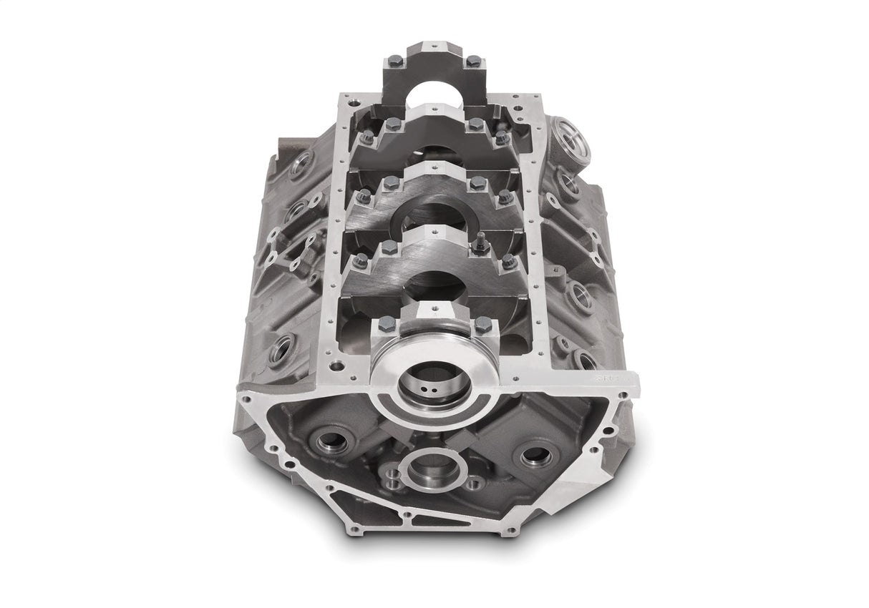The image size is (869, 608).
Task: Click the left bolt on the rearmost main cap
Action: tap(396, 61)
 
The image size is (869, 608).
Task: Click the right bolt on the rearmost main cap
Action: tap(474, 62)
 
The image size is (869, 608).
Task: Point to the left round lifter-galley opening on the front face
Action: tap(333, 441)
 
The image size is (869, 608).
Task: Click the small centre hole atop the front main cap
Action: tap(436, 308)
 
